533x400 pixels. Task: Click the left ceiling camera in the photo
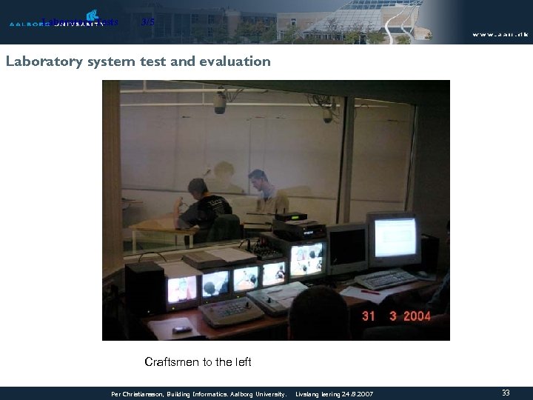(219, 102)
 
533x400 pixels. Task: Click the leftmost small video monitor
(182, 288)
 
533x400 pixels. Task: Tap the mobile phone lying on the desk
(182, 328)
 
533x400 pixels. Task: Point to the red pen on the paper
(370, 291)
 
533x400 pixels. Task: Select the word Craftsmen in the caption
(172, 362)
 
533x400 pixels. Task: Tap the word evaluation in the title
(235, 61)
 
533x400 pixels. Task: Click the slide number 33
(506, 393)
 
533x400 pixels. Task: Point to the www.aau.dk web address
(500, 34)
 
